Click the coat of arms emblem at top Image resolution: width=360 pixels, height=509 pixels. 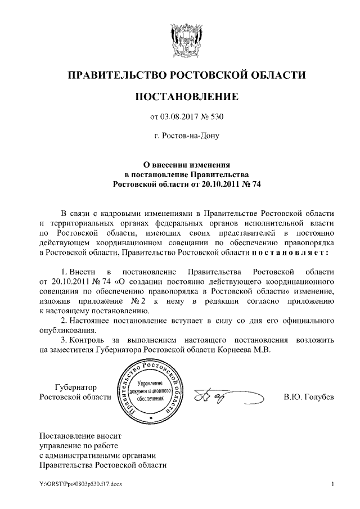[180, 38]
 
